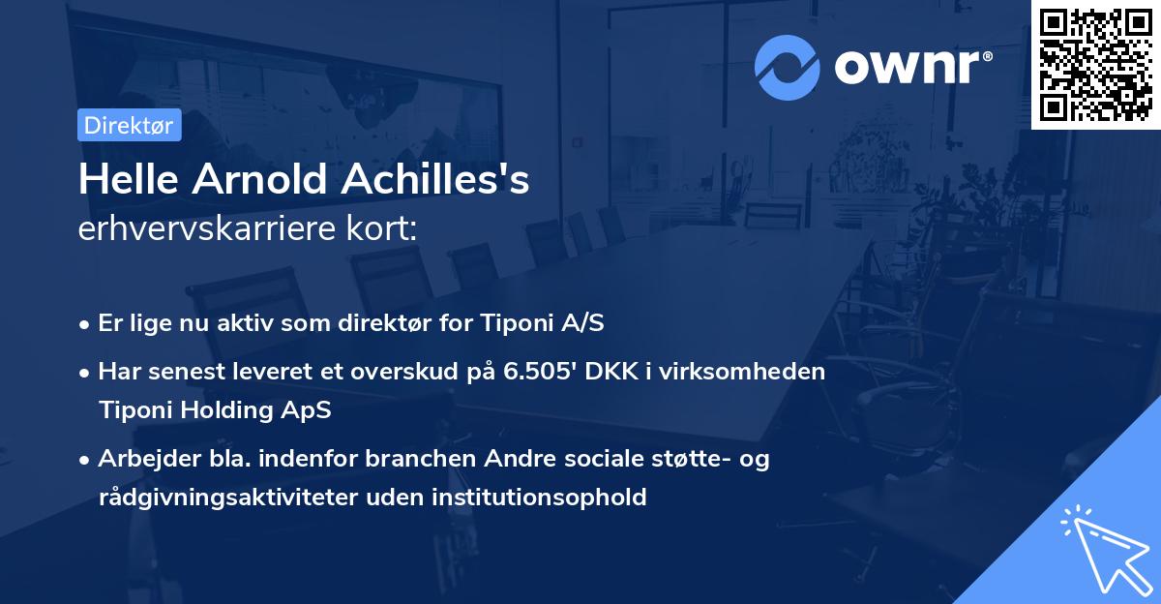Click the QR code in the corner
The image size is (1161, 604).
[1095, 64]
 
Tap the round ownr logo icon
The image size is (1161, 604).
[788, 67]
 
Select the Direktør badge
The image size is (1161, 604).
[129, 125]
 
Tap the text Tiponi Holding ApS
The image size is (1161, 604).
[215, 409]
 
